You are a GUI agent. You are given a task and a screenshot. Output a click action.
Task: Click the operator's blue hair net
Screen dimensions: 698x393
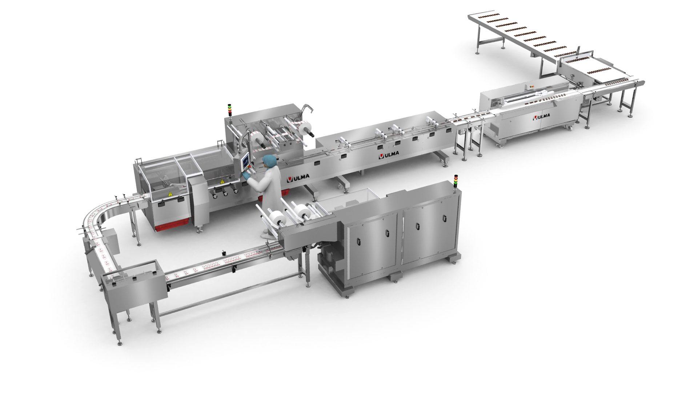tap(269, 161)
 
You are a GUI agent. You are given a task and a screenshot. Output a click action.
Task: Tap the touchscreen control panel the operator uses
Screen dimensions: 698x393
tap(245, 160)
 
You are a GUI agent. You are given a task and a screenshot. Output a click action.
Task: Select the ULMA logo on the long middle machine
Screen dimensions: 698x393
tap(389, 155)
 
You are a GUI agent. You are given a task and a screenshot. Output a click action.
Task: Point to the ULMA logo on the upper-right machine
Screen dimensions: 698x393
tap(541, 117)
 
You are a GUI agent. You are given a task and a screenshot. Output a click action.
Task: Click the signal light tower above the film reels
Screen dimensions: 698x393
tap(229, 110)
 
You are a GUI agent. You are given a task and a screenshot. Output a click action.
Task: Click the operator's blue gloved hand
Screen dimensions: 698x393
tap(247, 176)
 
